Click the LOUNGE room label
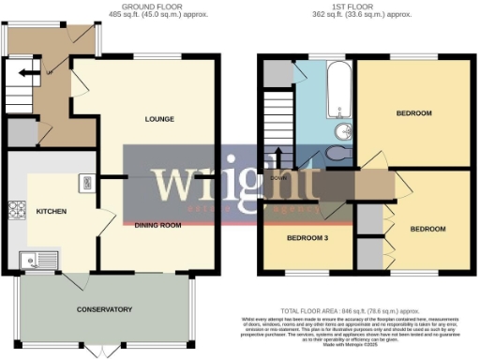(x=159, y=119)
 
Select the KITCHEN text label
(x=51, y=212)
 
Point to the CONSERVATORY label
(x=104, y=309)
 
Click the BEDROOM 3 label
(x=307, y=238)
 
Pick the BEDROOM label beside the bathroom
(x=412, y=113)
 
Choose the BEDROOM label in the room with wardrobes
(x=427, y=229)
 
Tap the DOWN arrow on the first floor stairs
(x=278, y=158)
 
